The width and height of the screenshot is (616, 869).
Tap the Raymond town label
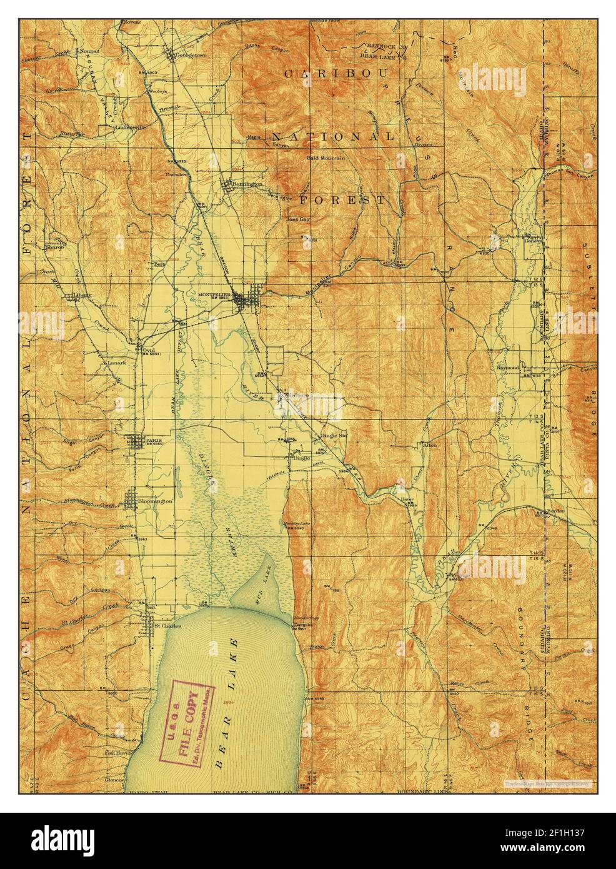coord(508,368)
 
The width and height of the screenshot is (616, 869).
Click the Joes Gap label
coord(297,220)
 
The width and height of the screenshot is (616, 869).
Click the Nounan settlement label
coord(86,50)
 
